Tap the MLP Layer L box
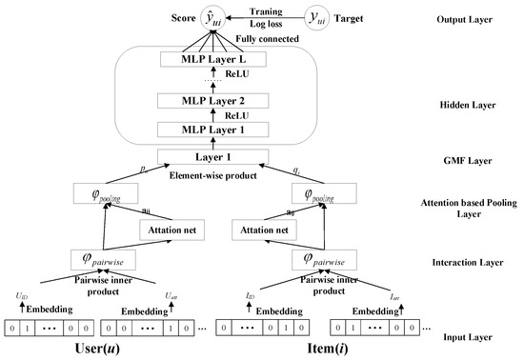click(x=223, y=61)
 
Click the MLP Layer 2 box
click(x=223, y=100)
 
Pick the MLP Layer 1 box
click(x=223, y=129)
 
